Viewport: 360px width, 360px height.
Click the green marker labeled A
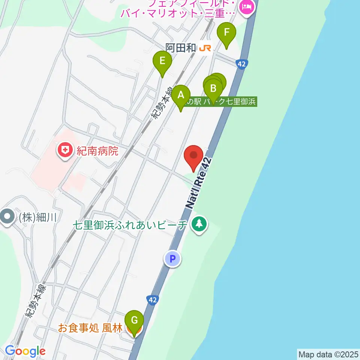point(181,95)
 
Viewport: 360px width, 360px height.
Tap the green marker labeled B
point(213,89)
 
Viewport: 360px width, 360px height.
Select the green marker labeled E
point(162,61)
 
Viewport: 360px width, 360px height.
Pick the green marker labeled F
point(226,33)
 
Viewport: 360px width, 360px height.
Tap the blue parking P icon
point(172,258)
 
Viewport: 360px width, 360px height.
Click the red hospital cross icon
point(65,151)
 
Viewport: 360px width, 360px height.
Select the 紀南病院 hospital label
point(98,151)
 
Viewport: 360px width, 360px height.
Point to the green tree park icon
point(199,225)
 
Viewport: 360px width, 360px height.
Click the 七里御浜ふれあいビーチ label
point(130,225)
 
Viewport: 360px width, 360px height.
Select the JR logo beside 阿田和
point(205,48)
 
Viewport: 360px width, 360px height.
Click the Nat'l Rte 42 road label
point(198,183)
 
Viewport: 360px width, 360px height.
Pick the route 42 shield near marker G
point(152,300)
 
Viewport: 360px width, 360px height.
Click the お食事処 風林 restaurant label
point(90,328)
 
